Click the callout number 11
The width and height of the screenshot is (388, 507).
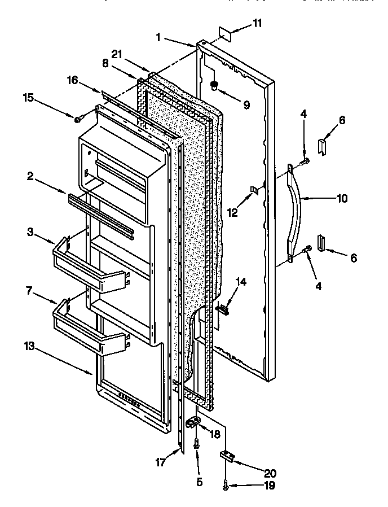(x=257, y=23)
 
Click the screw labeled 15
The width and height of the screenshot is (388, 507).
(x=79, y=118)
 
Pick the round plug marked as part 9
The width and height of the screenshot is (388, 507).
(x=215, y=86)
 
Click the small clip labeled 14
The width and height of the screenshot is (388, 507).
(x=225, y=308)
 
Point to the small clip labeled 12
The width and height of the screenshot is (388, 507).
(x=254, y=190)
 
